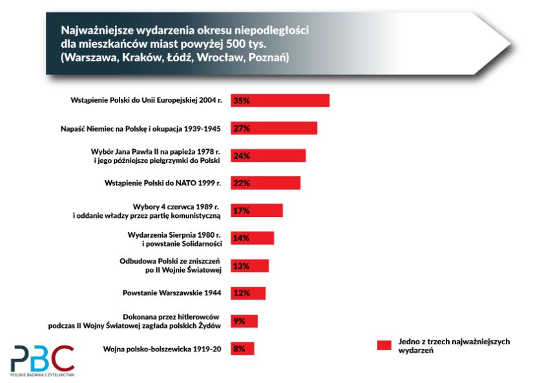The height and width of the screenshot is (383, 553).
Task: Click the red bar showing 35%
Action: (280, 101)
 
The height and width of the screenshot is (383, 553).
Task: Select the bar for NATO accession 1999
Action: (265, 183)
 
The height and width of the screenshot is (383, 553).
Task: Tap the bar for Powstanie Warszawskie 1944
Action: (248, 293)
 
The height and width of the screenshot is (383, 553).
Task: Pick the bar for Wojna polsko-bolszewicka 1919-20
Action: (242, 349)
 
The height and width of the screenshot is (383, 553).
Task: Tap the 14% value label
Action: (241, 238)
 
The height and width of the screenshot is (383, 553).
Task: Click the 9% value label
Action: (239, 321)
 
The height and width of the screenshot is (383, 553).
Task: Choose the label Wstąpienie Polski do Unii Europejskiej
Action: (145, 101)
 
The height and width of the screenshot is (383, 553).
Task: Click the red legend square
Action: (385, 346)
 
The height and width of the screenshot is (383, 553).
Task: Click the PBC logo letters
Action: (43, 358)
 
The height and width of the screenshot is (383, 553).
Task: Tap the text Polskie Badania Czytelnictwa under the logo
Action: (43, 375)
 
